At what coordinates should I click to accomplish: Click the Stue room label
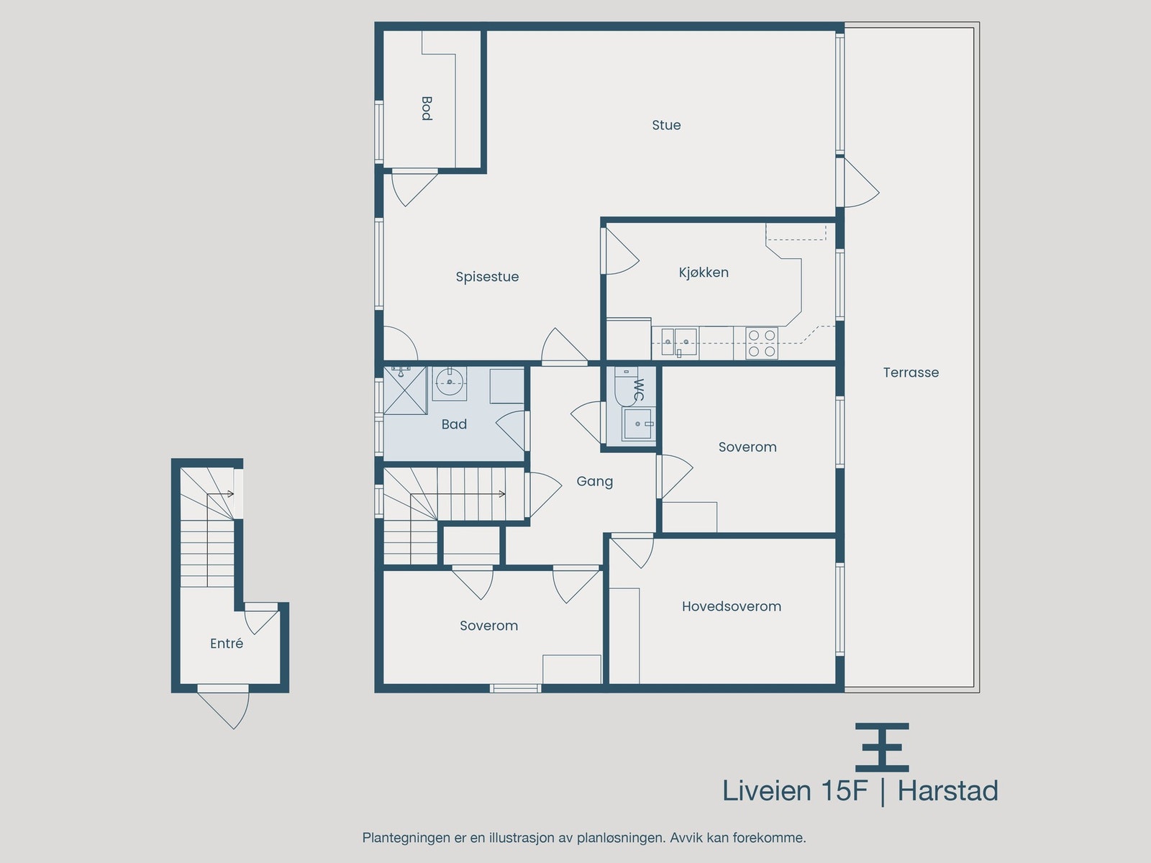click(x=666, y=125)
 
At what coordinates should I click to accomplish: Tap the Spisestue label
click(x=487, y=277)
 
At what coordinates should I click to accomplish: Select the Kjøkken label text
click(x=704, y=273)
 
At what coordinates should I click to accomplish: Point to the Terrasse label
click(x=911, y=373)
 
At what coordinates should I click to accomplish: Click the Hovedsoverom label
click(x=732, y=606)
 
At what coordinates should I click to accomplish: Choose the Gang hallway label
click(x=595, y=482)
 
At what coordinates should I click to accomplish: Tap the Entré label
click(x=227, y=644)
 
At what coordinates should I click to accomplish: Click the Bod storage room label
click(x=427, y=109)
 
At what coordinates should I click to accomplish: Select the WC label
click(x=639, y=390)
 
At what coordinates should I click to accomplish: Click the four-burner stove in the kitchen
click(x=762, y=343)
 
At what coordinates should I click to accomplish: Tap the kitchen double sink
click(x=679, y=342)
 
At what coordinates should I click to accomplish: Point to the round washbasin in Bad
click(x=450, y=382)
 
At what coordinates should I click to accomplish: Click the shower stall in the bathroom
click(x=405, y=391)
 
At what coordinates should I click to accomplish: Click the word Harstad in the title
click(x=947, y=790)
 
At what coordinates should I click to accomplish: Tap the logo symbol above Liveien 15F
click(x=882, y=748)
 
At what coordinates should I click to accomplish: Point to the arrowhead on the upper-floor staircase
click(x=502, y=493)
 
